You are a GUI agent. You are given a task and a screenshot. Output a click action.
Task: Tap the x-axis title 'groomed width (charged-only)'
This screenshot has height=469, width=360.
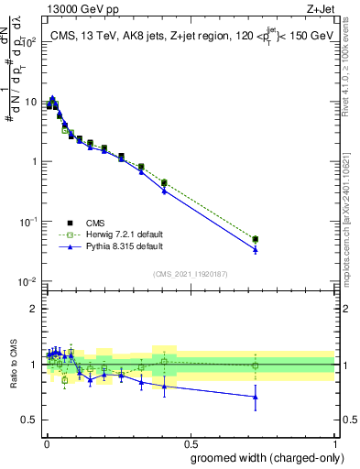(267, 457)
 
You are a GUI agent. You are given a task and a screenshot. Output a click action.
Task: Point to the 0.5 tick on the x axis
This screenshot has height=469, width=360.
(191, 441)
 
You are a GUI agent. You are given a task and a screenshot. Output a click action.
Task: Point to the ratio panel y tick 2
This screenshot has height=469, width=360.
(33, 309)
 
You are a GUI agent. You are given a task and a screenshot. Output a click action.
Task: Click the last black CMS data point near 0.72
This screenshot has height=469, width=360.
(256, 239)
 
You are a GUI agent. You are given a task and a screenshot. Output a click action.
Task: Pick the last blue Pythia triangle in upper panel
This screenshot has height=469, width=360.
(256, 249)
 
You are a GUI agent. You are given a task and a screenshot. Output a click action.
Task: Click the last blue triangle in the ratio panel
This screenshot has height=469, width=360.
(256, 396)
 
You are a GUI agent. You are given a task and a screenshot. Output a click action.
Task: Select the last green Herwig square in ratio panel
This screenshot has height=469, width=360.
(256, 365)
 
